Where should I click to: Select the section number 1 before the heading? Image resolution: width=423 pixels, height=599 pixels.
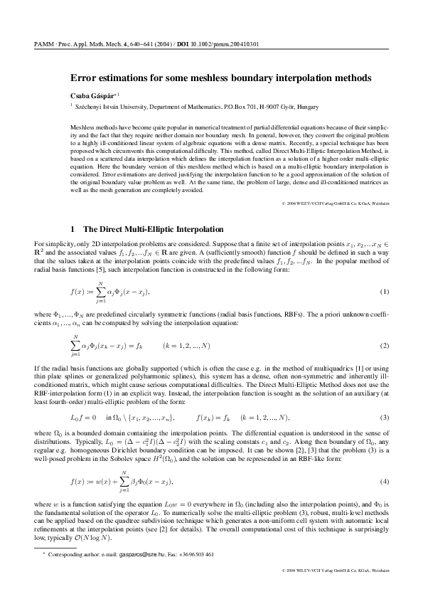point(73,230)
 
